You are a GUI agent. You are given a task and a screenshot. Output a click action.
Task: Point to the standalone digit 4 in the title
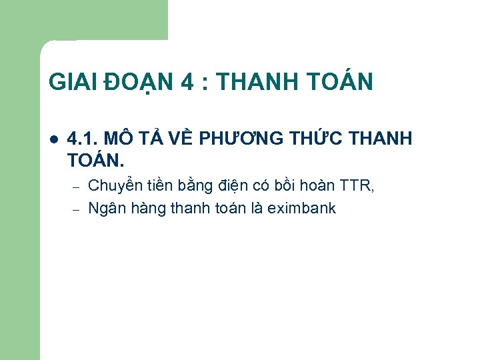pos(187,82)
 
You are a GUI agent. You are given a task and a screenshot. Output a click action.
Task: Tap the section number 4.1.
pos(83,139)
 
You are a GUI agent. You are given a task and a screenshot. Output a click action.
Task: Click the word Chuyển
pos(114,186)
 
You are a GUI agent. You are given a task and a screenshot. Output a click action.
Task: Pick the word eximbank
pos(301,208)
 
